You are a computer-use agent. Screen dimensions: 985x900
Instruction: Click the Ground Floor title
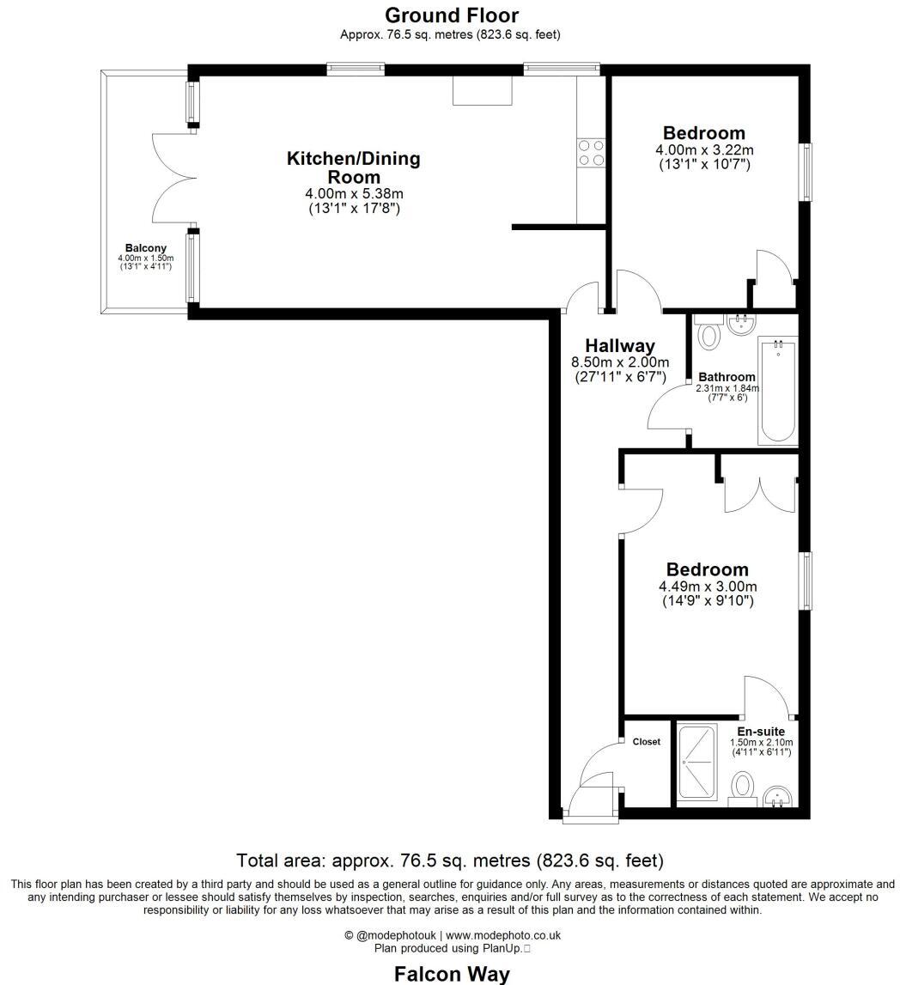point(451,15)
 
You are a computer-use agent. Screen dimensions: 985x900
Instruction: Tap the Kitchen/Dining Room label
point(353,167)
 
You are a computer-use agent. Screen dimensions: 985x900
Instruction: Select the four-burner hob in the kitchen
point(591,153)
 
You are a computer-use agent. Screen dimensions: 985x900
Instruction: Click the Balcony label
point(145,248)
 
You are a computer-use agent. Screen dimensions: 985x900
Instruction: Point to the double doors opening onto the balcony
point(175,181)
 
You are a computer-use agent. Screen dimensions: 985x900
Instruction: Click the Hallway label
point(619,346)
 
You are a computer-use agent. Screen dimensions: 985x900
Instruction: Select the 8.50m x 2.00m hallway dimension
point(619,362)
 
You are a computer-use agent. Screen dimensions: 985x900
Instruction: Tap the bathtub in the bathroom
point(777,391)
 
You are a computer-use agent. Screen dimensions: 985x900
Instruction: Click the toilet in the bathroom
point(708,334)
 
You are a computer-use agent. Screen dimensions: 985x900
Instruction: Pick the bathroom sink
point(740,324)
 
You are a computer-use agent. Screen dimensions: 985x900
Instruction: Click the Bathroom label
point(727,377)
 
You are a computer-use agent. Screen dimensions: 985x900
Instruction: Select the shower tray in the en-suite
point(696,762)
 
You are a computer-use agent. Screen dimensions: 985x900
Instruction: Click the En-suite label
point(761,732)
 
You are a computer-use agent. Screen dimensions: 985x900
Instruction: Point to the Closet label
point(646,741)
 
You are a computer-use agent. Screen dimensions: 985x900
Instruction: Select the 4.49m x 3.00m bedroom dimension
point(708,587)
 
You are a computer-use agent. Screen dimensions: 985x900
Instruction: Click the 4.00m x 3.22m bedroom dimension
point(703,149)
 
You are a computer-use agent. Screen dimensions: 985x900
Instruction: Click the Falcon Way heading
point(451,974)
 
